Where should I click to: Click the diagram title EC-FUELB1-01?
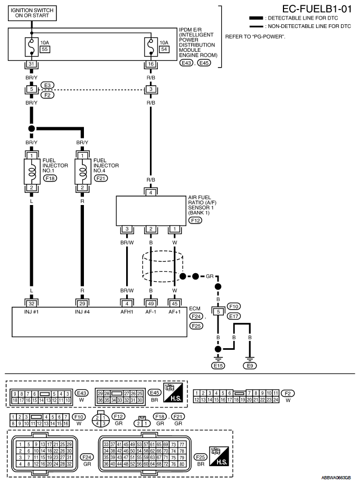317,8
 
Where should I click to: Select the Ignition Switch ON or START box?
32,13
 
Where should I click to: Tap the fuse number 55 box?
45,49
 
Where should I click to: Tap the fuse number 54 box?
164,49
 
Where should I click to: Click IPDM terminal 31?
32,64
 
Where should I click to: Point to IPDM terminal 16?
151,64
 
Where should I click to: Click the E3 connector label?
48,85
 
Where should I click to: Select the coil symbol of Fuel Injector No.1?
32,171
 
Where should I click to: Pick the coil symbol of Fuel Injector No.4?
82,171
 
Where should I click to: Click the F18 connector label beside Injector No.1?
50,178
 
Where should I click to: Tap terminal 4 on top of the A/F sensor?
151,193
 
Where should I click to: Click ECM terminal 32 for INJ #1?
32,304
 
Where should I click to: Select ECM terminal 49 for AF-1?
151,304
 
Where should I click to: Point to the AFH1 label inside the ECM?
127,312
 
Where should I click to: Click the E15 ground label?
218,366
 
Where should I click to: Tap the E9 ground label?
250,366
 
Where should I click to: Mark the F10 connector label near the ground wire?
234,306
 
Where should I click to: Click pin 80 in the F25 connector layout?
182,464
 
